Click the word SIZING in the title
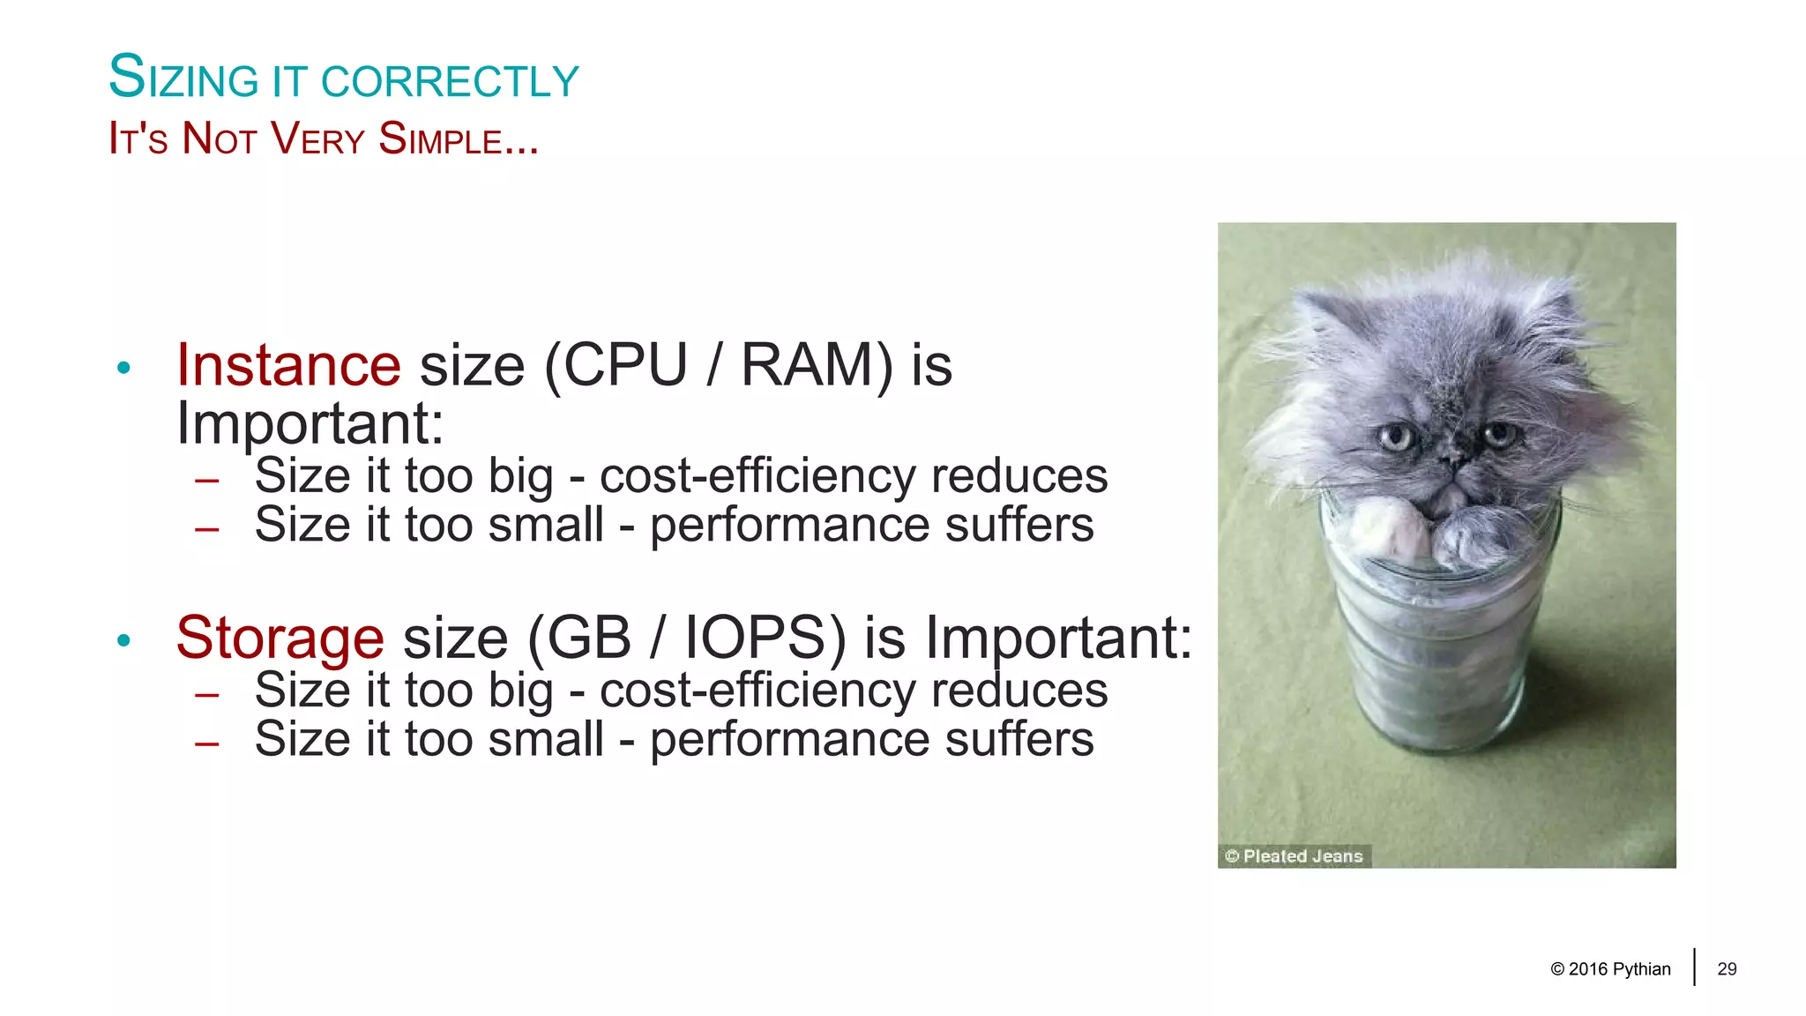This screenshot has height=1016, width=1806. (x=183, y=78)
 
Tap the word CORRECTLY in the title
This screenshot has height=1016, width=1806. (x=450, y=81)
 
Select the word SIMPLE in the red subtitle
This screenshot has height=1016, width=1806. (x=450, y=139)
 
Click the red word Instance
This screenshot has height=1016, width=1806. (x=288, y=365)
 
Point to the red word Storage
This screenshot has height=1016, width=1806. (x=280, y=638)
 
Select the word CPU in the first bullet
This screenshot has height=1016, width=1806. (x=625, y=365)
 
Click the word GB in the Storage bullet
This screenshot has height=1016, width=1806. (x=589, y=638)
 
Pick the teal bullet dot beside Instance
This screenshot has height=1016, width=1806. (x=123, y=368)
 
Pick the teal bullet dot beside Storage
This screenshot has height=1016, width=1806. (x=123, y=640)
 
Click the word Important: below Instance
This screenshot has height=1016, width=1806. (x=310, y=423)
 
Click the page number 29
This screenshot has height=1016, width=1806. (x=1727, y=969)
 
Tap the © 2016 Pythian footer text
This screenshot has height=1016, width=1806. (x=1610, y=969)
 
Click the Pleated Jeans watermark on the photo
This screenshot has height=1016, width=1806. (x=1294, y=855)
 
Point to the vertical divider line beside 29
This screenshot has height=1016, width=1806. (x=1694, y=967)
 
